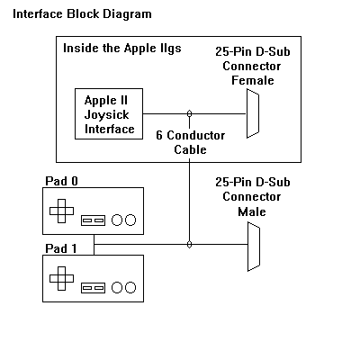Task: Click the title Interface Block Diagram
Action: [x=82, y=14]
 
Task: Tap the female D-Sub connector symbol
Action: [x=253, y=113]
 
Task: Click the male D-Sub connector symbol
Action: [x=254, y=247]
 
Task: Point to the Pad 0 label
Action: [x=61, y=181]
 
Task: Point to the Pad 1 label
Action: [x=61, y=248]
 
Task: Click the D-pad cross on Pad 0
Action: [x=61, y=211]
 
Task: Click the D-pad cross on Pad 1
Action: [x=61, y=278]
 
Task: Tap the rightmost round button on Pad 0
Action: [x=130, y=220]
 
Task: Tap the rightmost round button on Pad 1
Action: [x=130, y=287]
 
